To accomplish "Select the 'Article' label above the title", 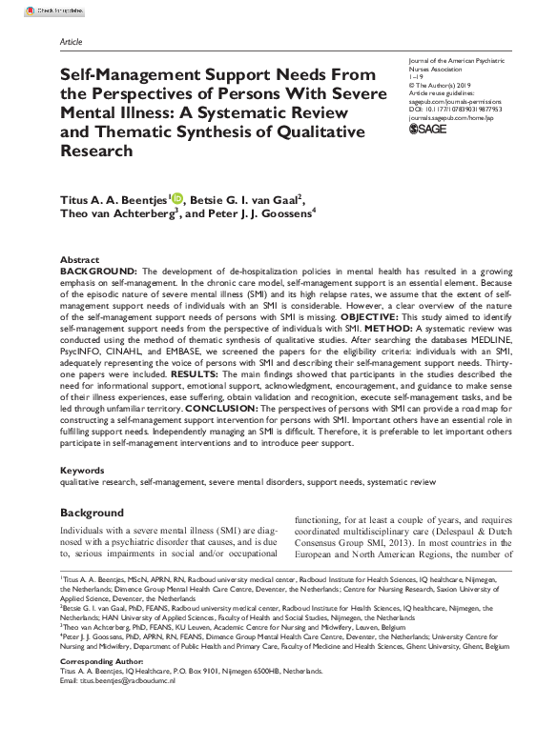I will click(x=71, y=43).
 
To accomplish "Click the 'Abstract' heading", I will click(x=79, y=259).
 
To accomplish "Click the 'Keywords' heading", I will click(x=82, y=471).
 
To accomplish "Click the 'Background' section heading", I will click(x=92, y=513).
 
